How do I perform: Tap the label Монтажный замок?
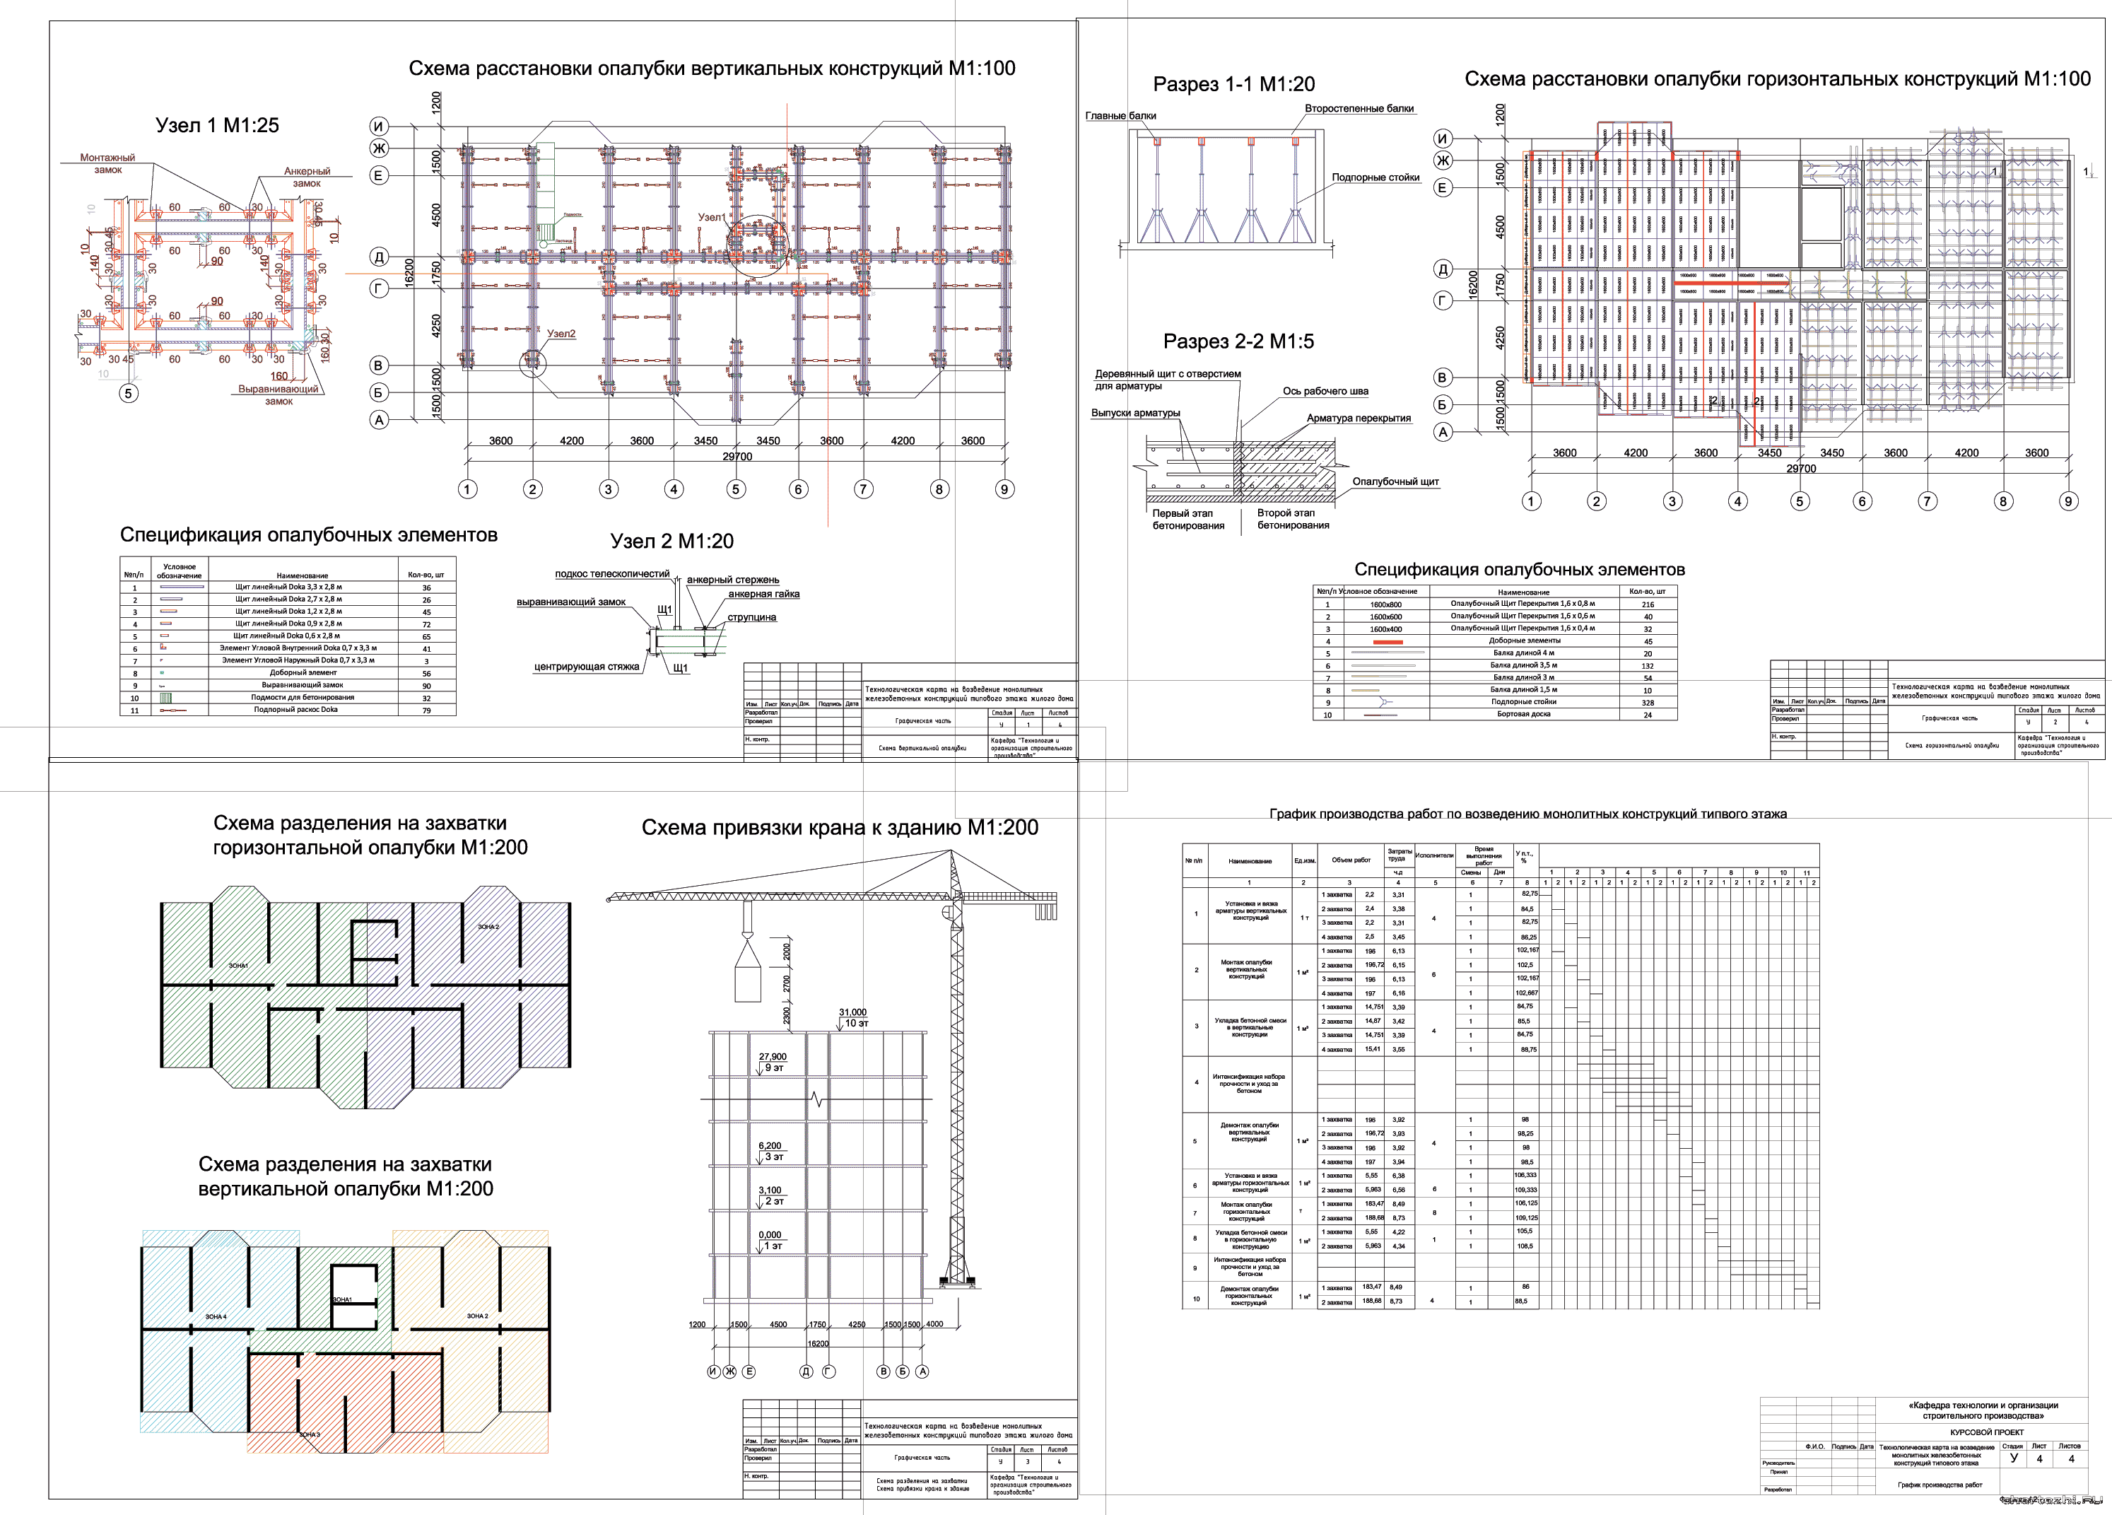(x=107, y=164)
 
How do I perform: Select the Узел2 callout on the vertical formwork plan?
(x=561, y=334)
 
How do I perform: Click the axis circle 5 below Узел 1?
(x=129, y=393)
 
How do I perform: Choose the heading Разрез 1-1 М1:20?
(x=1234, y=85)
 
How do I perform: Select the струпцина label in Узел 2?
(x=751, y=617)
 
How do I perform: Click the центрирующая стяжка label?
(x=586, y=667)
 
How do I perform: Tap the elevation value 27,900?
(x=772, y=1057)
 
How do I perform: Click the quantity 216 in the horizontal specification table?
(x=1648, y=604)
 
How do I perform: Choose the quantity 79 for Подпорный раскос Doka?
(x=426, y=710)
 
